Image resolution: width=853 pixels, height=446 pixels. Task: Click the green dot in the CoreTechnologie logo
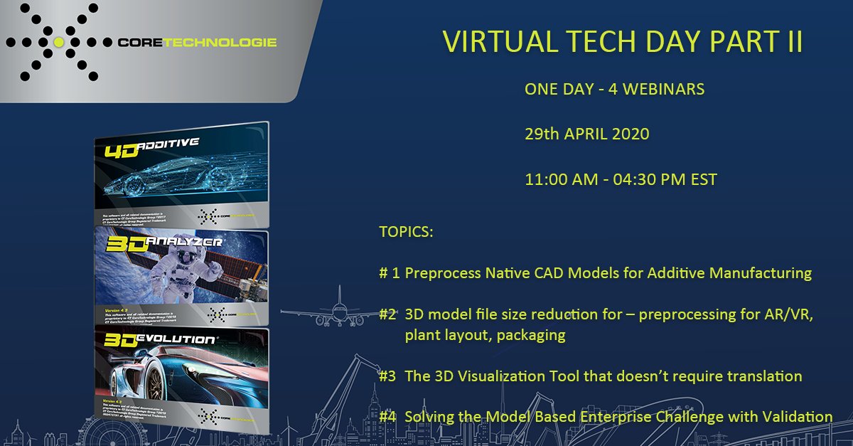(x=59, y=43)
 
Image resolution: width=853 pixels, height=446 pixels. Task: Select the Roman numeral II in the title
(x=790, y=42)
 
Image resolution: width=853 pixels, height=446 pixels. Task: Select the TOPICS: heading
(x=405, y=233)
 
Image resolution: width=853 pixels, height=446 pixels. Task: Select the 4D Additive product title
(x=153, y=150)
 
